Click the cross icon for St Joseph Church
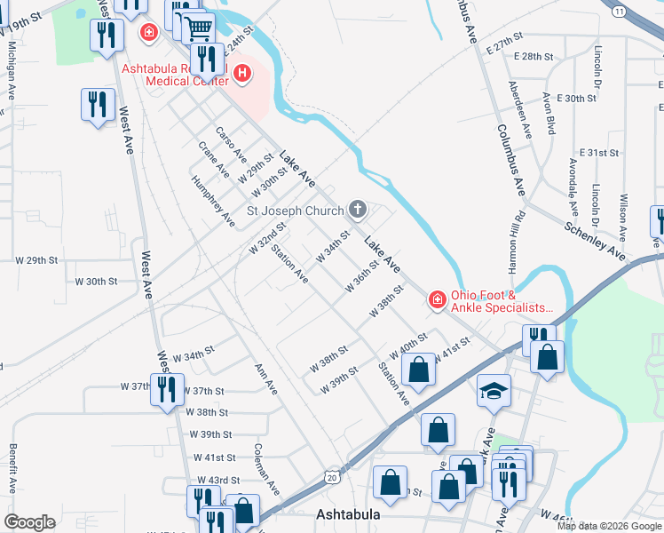click(x=358, y=211)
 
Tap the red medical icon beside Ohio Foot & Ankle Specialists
click(x=436, y=300)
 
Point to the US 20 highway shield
click(x=332, y=477)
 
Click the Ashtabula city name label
click(x=349, y=514)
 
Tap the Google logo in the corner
click(x=29, y=522)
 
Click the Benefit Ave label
click(x=12, y=469)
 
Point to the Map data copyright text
click(x=608, y=525)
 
